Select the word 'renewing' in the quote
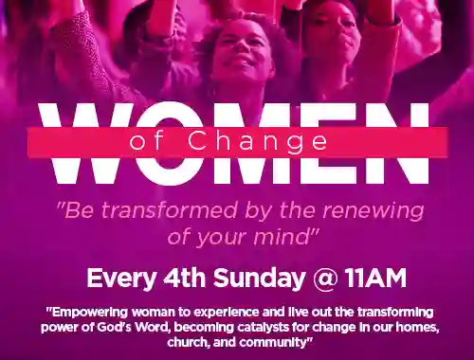coord(364,210)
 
